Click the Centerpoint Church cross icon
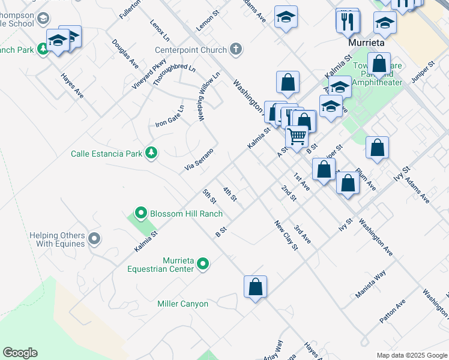coord(237,50)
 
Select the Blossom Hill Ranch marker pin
coord(140,213)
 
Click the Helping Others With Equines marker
coord(94,239)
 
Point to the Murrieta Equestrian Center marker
coord(203,264)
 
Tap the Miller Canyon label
coord(182,304)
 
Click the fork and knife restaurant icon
coord(348,22)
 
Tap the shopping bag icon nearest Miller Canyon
coord(255,286)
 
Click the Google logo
coord(20,353)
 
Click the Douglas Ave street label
coord(125,54)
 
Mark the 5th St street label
coord(209,196)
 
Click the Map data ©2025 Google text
coord(411,355)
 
